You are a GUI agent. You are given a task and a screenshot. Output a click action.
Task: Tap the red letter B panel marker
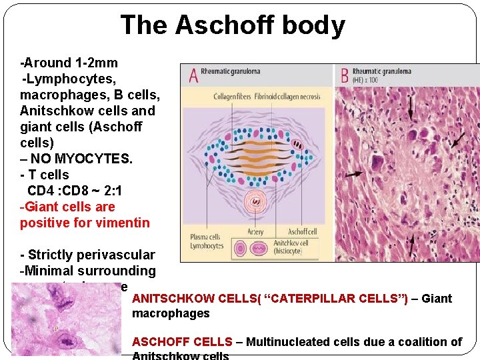[x=344, y=74]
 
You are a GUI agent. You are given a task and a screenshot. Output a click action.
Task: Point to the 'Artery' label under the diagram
[x=255, y=232]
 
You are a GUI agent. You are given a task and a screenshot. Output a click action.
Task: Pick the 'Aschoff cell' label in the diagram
[x=302, y=232]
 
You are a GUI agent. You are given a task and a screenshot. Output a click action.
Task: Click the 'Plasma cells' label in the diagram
[x=205, y=237]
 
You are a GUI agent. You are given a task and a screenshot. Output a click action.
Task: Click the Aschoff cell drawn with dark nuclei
[x=297, y=144]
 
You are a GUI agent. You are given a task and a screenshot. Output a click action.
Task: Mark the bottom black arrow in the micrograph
[x=411, y=245]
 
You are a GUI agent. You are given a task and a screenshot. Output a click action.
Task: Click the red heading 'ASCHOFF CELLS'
[x=182, y=342]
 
